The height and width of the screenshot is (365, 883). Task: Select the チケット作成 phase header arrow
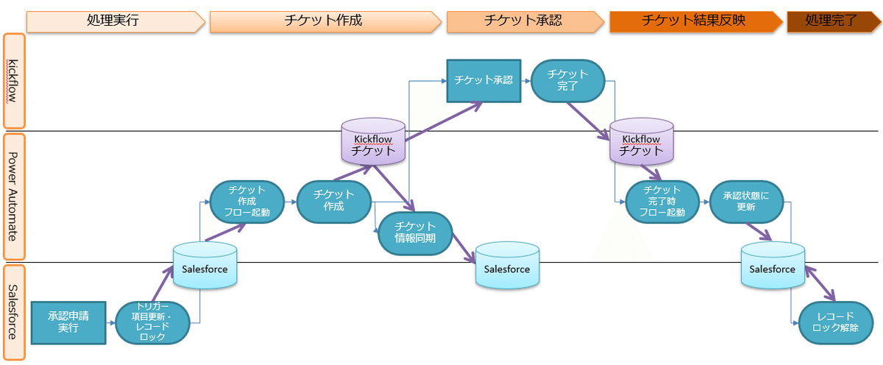(324, 21)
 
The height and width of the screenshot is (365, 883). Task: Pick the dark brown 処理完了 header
(831, 21)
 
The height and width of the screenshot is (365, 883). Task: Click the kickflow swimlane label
(14, 81)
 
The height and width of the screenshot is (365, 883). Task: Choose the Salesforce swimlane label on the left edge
(14, 312)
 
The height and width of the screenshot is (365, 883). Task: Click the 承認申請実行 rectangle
(68, 322)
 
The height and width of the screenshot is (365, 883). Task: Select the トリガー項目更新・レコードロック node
(154, 322)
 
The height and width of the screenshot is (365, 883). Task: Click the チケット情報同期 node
(415, 232)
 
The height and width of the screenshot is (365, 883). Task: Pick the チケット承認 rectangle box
(483, 81)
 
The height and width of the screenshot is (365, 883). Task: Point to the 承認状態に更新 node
(746, 202)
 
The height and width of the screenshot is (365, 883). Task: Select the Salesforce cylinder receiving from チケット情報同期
(506, 268)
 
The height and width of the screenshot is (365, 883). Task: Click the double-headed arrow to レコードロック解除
(820, 284)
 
